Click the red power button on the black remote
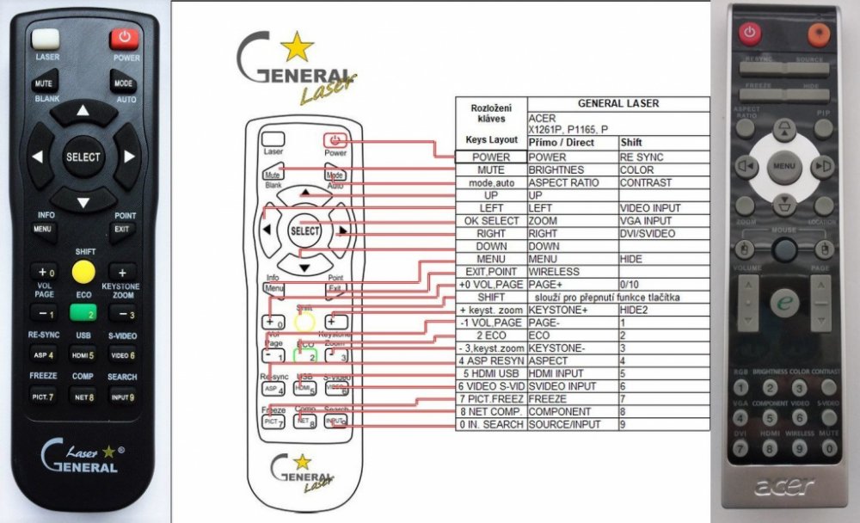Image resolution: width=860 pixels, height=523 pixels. click(x=126, y=38)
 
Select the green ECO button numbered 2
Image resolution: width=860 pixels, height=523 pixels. click(x=83, y=314)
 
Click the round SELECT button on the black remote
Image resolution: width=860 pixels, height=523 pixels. click(x=83, y=157)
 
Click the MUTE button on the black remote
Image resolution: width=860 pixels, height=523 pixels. click(x=44, y=84)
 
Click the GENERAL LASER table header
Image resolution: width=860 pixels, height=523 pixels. click(x=618, y=103)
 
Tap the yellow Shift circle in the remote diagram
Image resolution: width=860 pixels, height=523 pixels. click(x=305, y=322)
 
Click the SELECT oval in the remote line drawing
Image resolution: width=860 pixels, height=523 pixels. click(x=305, y=231)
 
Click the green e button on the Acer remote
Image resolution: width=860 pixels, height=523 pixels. click(x=783, y=303)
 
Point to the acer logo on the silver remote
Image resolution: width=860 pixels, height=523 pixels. click(x=783, y=487)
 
